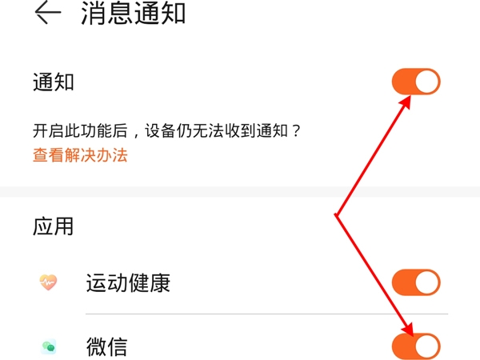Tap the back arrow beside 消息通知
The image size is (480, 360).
tap(48, 13)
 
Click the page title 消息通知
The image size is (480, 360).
tap(133, 13)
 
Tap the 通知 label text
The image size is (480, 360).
tap(54, 82)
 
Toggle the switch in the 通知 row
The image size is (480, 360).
tap(416, 82)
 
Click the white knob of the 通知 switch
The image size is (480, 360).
tap(427, 82)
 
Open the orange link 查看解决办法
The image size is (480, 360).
tap(80, 155)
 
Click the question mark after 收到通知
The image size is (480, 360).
tap(296, 131)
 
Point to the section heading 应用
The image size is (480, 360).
tap(53, 226)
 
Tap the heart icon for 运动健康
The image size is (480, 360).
tap(48, 282)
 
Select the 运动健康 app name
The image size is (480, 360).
tap(128, 282)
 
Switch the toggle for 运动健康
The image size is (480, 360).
tap(416, 282)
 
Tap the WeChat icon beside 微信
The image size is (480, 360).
tap(49, 346)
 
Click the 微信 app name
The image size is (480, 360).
tap(107, 346)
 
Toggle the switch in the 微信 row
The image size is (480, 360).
tap(416, 346)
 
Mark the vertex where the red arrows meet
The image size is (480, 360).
tap(336, 215)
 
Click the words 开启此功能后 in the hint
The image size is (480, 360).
tap(80, 131)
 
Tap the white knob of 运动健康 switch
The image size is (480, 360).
tap(427, 282)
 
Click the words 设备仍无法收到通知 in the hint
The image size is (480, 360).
tap(217, 131)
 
